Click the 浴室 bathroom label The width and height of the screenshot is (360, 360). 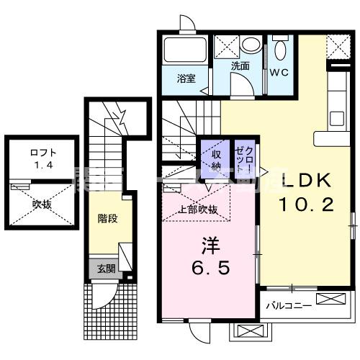click(186, 79)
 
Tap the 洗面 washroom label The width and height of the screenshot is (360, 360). click(240, 66)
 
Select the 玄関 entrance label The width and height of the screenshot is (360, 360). click(106, 269)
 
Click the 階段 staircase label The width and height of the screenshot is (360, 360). click(108, 215)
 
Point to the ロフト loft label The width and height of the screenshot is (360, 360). click(42, 152)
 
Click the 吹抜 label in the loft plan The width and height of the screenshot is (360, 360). click(42, 204)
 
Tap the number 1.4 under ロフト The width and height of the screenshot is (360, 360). click(42, 165)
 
